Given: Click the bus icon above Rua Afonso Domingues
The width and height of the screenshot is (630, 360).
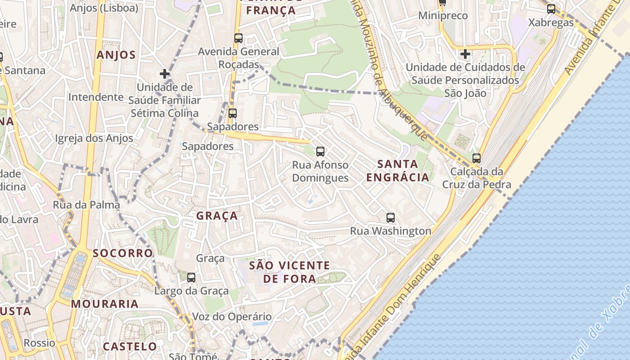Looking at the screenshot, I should (x=320, y=152).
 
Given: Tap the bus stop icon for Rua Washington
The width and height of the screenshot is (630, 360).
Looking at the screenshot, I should (x=391, y=218).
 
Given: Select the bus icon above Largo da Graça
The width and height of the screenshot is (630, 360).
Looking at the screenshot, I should (x=191, y=277).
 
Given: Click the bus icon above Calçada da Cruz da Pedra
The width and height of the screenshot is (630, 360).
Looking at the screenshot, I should (x=477, y=158).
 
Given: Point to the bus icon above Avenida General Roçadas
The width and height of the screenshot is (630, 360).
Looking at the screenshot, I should (x=238, y=38).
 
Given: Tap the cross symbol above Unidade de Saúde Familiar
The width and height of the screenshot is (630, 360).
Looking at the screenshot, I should (x=165, y=73).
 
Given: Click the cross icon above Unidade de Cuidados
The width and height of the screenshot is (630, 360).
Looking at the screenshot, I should (x=465, y=54).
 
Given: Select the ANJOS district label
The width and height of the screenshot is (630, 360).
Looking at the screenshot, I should (x=116, y=55).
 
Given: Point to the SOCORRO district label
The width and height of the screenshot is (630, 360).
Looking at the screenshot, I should (x=123, y=253).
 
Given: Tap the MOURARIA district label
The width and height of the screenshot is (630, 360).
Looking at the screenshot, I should (x=105, y=304).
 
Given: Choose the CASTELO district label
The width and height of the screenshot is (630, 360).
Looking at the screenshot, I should (x=130, y=346).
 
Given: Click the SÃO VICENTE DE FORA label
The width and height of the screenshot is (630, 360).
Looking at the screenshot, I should (x=290, y=272).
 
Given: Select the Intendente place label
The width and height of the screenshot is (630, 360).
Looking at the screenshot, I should (x=95, y=97).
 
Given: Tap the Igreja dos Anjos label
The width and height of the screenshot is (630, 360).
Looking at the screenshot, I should (x=94, y=138).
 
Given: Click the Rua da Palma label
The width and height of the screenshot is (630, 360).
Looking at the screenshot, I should (x=86, y=205).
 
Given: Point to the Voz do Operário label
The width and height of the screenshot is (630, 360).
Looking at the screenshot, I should (x=232, y=316).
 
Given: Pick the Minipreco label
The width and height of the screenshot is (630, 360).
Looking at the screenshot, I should (x=443, y=16).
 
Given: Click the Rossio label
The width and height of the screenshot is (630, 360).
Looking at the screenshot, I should (x=40, y=343).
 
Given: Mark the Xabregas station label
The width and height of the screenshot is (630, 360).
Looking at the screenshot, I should (x=551, y=22).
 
